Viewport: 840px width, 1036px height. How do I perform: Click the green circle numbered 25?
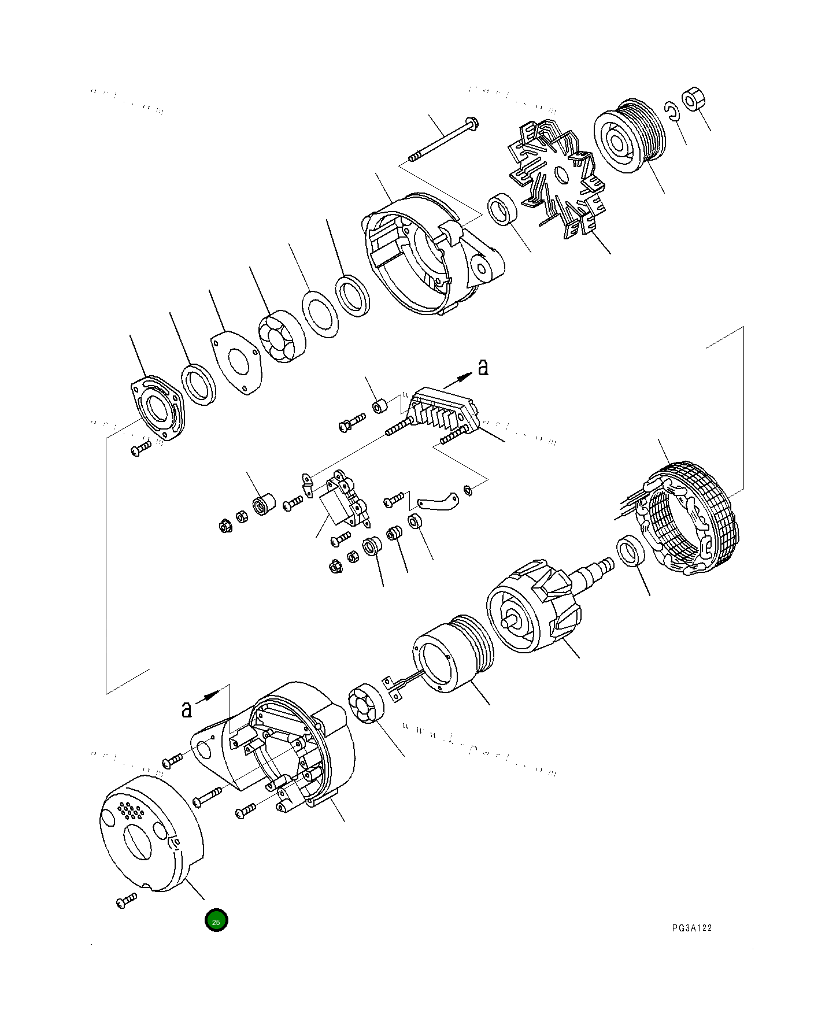coord(216,921)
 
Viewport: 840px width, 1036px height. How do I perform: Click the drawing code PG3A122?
coord(691,928)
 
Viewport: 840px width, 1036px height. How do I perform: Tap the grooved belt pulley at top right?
coord(631,136)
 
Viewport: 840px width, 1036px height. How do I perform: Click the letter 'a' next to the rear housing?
coord(186,709)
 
